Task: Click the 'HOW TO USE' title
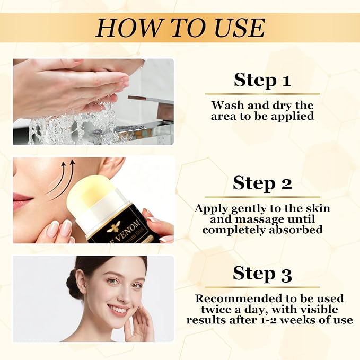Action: point(180,28)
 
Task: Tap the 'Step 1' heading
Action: point(262,80)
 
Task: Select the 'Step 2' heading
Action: point(262,183)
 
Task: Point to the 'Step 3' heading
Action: point(262,274)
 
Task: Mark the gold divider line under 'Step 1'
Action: point(262,94)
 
